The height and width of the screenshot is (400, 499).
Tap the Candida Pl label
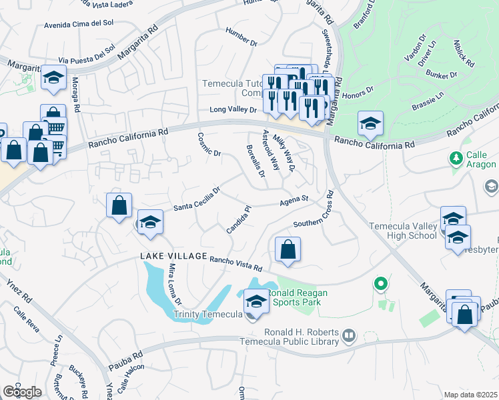tap(238, 219)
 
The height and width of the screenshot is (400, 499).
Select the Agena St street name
tap(294, 199)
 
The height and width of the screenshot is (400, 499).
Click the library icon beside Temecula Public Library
tap(349, 338)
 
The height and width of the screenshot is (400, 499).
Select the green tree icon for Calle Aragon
tap(456, 159)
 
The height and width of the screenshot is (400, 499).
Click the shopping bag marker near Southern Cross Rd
tap(288, 250)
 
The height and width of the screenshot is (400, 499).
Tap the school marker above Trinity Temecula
tap(256, 302)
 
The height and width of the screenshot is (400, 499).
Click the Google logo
tap(21, 392)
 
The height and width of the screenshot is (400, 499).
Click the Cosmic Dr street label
tap(209, 144)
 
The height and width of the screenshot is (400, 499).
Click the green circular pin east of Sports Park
tap(380, 284)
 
